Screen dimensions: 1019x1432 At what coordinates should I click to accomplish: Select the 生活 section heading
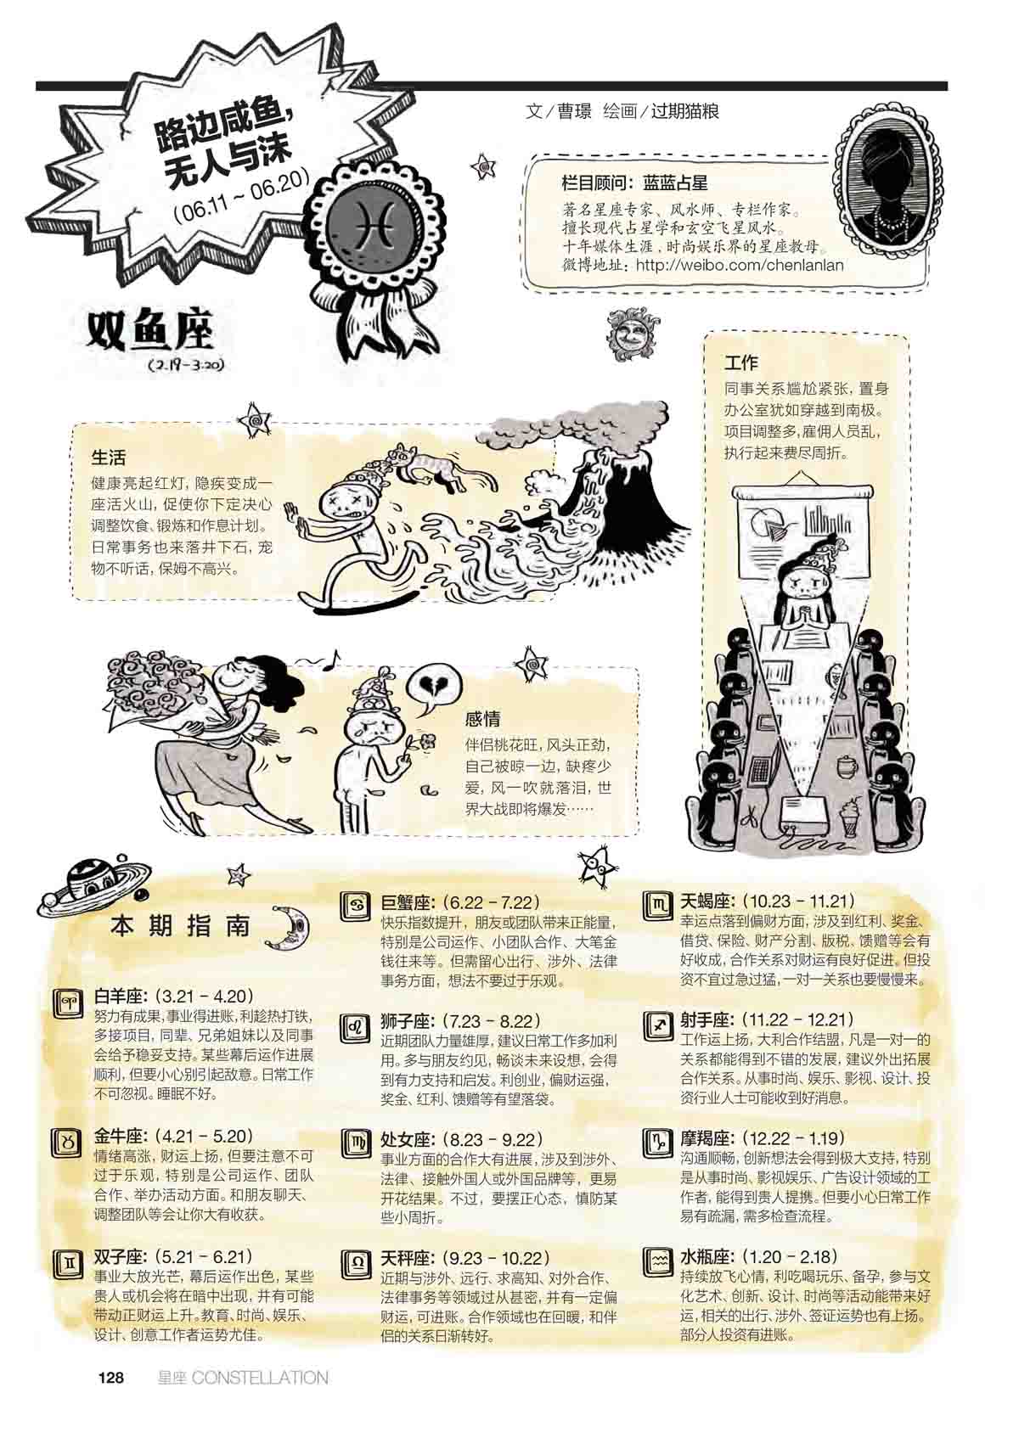[x=109, y=458]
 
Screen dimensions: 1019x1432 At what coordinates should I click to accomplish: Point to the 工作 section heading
[x=741, y=363]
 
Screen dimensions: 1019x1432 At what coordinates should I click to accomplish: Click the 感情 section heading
[x=483, y=719]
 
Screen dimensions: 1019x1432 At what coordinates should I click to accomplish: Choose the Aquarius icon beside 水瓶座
[x=658, y=1261]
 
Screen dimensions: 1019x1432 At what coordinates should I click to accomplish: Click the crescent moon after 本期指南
[x=292, y=926]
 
